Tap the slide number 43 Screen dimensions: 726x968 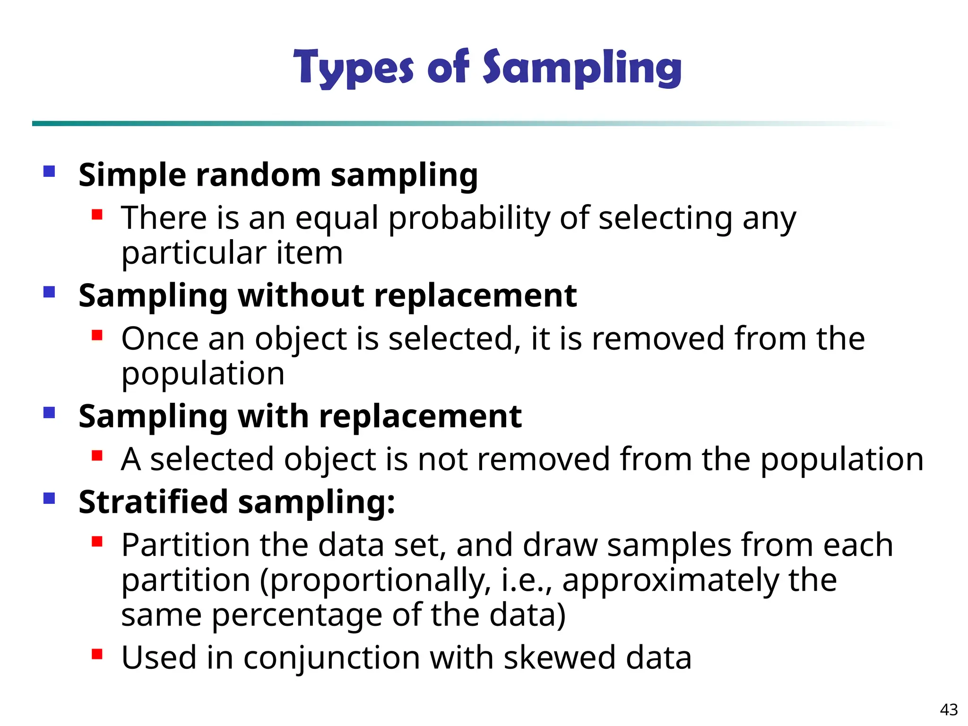[x=949, y=709]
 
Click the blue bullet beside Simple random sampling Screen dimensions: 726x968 [x=49, y=171]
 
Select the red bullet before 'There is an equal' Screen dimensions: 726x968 [x=97, y=215]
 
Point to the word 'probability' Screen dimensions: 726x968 [x=469, y=219]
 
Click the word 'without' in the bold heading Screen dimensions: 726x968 [x=301, y=295]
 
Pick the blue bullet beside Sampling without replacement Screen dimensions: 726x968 [x=49, y=292]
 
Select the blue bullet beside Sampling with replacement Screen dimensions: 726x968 [x=49, y=413]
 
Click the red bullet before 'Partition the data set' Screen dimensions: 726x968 [x=97, y=541]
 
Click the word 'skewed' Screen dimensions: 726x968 [x=559, y=657]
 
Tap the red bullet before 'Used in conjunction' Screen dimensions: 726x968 [x=97, y=654]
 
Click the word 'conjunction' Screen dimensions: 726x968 [x=331, y=658]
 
